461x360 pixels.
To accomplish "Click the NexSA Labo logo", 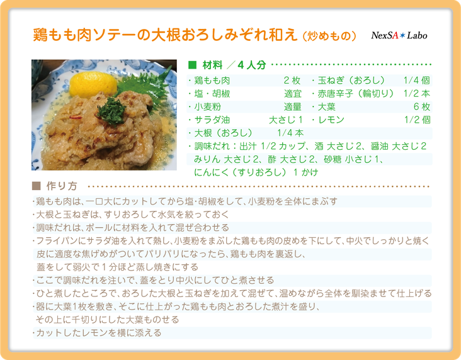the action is click(399, 35).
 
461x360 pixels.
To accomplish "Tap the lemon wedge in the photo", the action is click(93, 84).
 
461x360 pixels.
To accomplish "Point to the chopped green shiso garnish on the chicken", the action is click(111, 111).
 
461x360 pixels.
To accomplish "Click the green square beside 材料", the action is click(192, 65).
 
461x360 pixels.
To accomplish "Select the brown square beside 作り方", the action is click(36, 186).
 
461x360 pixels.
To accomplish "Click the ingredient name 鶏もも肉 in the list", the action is click(212, 81).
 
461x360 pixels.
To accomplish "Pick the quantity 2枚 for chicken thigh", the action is click(292, 81).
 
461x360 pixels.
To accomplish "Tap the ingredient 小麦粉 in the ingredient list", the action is click(208, 106).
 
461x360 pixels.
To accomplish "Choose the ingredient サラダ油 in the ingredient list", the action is click(212, 120).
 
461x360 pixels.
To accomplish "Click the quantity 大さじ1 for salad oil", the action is click(286, 120).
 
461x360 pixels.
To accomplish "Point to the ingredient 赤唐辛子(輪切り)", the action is click(356, 94).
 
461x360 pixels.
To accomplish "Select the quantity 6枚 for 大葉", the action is click(421, 106).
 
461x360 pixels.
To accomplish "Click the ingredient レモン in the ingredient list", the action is click(331, 120).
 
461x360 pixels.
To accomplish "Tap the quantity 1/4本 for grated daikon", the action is click(290, 133).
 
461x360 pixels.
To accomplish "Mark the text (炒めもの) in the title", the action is click(329, 36).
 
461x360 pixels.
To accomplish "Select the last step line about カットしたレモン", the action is click(97, 333).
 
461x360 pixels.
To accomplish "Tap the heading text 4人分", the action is click(252, 65).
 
